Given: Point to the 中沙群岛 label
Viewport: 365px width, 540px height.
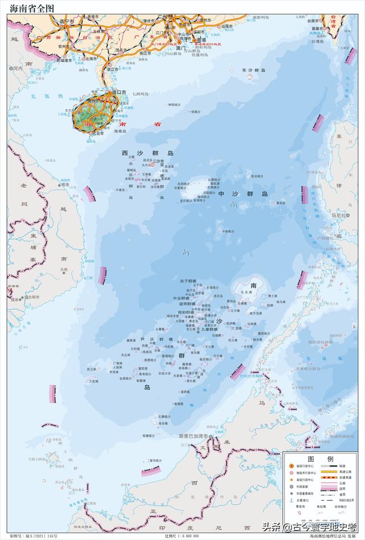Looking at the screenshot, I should tap(243, 194).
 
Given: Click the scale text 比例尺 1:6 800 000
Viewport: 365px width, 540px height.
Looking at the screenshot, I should tap(181, 536).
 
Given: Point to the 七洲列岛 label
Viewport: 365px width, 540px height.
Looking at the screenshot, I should tap(140, 93).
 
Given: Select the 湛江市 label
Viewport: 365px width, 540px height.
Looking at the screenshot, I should tap(112, 69).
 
